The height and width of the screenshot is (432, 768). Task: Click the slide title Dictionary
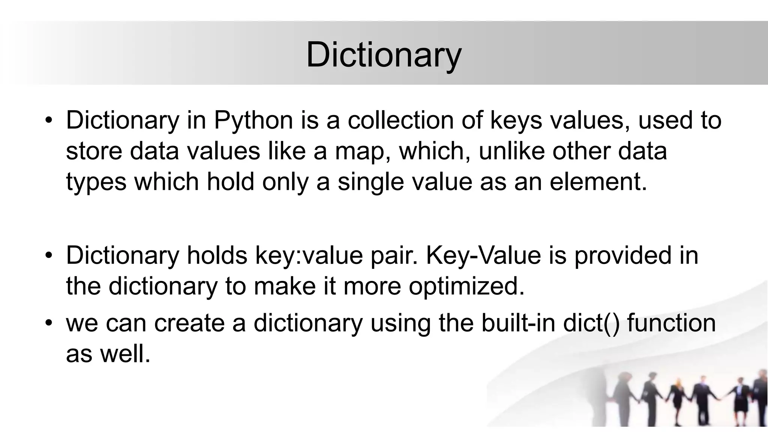383,55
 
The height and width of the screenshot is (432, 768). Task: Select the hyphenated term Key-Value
484,256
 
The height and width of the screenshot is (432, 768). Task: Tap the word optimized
466,286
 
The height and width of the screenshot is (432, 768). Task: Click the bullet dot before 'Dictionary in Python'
48,121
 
